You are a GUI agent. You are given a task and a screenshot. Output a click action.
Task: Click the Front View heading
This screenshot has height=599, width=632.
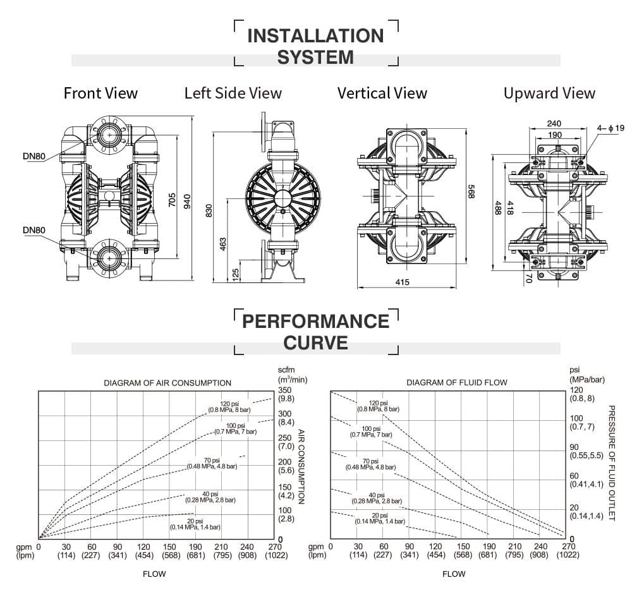point(100,94)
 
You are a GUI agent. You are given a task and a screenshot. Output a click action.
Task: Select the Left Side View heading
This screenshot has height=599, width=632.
point(233,94)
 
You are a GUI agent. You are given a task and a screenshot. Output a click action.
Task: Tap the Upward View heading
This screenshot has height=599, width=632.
point(549,94)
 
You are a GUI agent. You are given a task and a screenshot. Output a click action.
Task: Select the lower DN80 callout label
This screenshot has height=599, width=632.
point(33,230)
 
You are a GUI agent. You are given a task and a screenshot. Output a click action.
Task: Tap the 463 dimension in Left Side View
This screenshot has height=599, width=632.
point(223,243)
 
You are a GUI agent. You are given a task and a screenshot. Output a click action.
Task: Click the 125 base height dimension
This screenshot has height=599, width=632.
point(236,274)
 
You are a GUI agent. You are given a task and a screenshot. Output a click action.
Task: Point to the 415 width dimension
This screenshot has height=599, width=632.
point(402,282)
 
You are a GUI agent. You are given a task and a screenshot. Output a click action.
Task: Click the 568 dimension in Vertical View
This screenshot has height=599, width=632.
point(471,192)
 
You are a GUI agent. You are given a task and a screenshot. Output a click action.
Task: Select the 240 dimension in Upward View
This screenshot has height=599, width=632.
point(554,124)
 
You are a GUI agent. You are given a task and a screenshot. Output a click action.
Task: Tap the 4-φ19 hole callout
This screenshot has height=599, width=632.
point(611,128)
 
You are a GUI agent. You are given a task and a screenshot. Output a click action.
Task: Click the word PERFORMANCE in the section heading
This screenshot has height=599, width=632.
point(315,321)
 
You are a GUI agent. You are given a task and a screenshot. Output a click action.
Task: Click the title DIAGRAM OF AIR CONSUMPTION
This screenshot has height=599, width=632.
point(167,383)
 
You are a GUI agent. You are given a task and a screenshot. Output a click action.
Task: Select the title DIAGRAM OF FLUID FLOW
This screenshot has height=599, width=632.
point(456,382)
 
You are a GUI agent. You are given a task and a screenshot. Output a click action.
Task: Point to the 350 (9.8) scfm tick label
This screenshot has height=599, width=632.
point(285,394)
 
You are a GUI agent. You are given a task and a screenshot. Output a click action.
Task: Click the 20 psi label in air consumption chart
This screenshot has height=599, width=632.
point(195,523)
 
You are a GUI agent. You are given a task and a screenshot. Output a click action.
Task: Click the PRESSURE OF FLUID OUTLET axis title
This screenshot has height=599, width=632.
point(611,463)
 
